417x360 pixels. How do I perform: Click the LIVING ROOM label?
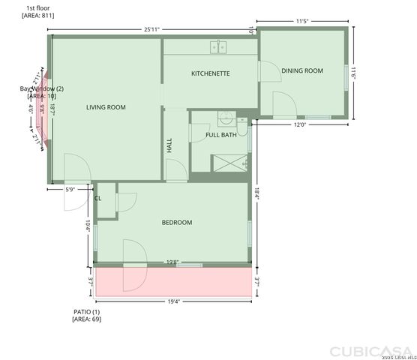pyautogui.click(x=105, y=107)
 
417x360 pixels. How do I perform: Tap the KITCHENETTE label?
pyautogui.click(x=210, y=73)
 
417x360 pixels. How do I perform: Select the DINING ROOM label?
pyautogui.click(x=301, y=70)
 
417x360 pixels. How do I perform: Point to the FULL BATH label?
pyautogui.click(x=221, y=135)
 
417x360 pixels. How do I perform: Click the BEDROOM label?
pyautogui.click(x=177, y=222)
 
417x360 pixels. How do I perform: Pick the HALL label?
pyautogui.click(x=169, y=145)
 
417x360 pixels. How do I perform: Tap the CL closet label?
pyautogui.click(x=97, y=198)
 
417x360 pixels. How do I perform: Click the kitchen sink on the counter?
pyautogui.click(x=219, y=46)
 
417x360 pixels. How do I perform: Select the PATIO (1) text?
pyautogui.click(x=86, y=311)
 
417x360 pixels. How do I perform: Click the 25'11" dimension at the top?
pyautogui.click(x=151, y=29)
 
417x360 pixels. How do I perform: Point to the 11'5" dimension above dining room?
pyautogui.click(x=303, y=22)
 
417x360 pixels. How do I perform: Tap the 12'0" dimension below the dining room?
pyautogui.click(x=299, y=124)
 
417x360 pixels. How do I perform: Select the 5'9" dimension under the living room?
pyautogui.click(x=70, y=190)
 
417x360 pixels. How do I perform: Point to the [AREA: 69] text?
pyautogui.click(x=86, y=319)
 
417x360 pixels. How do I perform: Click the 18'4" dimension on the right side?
pyautogui.click(x=256, y=193)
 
